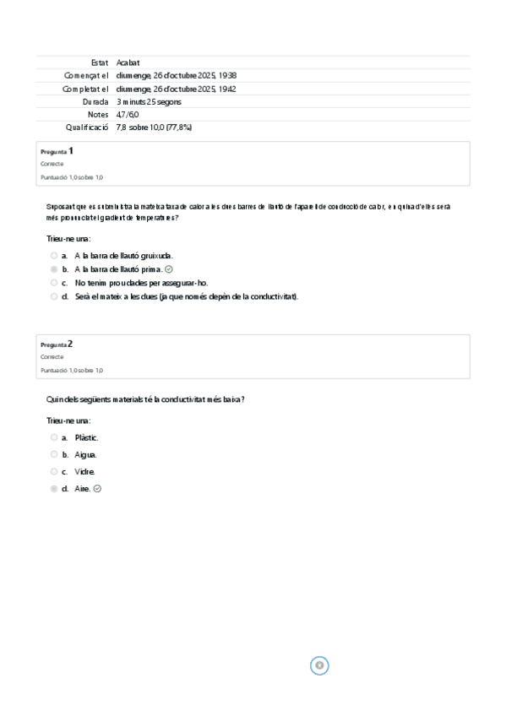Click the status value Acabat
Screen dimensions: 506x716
coord(128,62)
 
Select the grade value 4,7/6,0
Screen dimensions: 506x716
coord(128,114)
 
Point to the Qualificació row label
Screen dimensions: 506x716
coord(87,127)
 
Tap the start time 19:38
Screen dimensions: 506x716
coord(226,75)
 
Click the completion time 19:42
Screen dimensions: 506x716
coord(226,89)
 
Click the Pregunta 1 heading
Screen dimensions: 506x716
coord(57,151)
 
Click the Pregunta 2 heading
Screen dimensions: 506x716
coord(57,344)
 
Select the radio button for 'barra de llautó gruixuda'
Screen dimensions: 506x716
coord(54,255)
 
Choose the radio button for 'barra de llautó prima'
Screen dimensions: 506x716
coord(54,268)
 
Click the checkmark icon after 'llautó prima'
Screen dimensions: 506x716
coord(169,268)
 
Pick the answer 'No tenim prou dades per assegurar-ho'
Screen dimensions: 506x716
coord(141,283)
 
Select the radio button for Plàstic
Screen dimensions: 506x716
coord(54,437)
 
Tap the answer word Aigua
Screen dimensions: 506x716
coord(85,454)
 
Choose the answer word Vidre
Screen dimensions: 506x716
coord(85,471)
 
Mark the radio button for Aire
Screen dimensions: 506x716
coord(54,488)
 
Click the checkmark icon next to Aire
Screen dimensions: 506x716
coord(97,488)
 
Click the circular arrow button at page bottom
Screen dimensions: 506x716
coord(319,665)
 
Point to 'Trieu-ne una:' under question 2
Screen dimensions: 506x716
coord(68,420)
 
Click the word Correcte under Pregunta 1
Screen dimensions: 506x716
coord(52,164)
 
